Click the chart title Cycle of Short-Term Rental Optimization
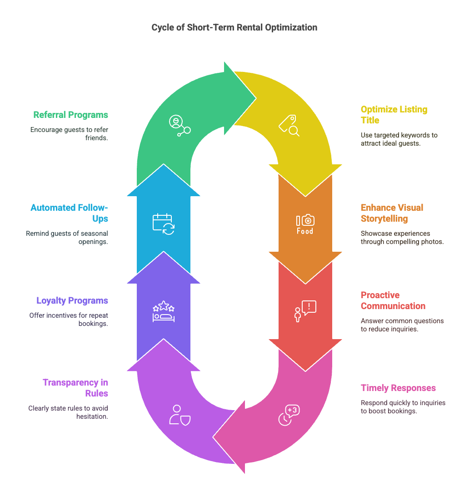pyautogui.click(x=234, y=27)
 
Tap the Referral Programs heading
pyautogui.click(x=70, y=115)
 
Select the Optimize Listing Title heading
pyautogui.click(x=394, y=115)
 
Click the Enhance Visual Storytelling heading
pyautogui.click(x=392, y=213)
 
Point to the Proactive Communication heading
pyautogui.click(x=393, y=300)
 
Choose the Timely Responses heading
pyautogui.click(x=398, y=388)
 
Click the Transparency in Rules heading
pyautogui.click(x=75, y=387)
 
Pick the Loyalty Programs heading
pyautogui.click(x=72, y=300)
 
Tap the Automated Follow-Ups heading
pyautogui.click(x=69, y=213)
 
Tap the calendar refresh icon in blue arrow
pyautogui.click(x=163, y=224)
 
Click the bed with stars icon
pyautogui.click(x=163, y=311)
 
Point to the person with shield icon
pyautogui.click(x=179, y=415)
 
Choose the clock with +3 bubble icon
pyautogui.click(x=288, y=415)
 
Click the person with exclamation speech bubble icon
pyautogui.click(x=304, y=311)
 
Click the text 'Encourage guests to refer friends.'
pyautogui.click(x=69, y=133)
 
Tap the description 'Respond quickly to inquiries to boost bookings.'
pyautogui.click(x=403, y=406)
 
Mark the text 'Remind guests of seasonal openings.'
pyautogui.click(x=67, y=237)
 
